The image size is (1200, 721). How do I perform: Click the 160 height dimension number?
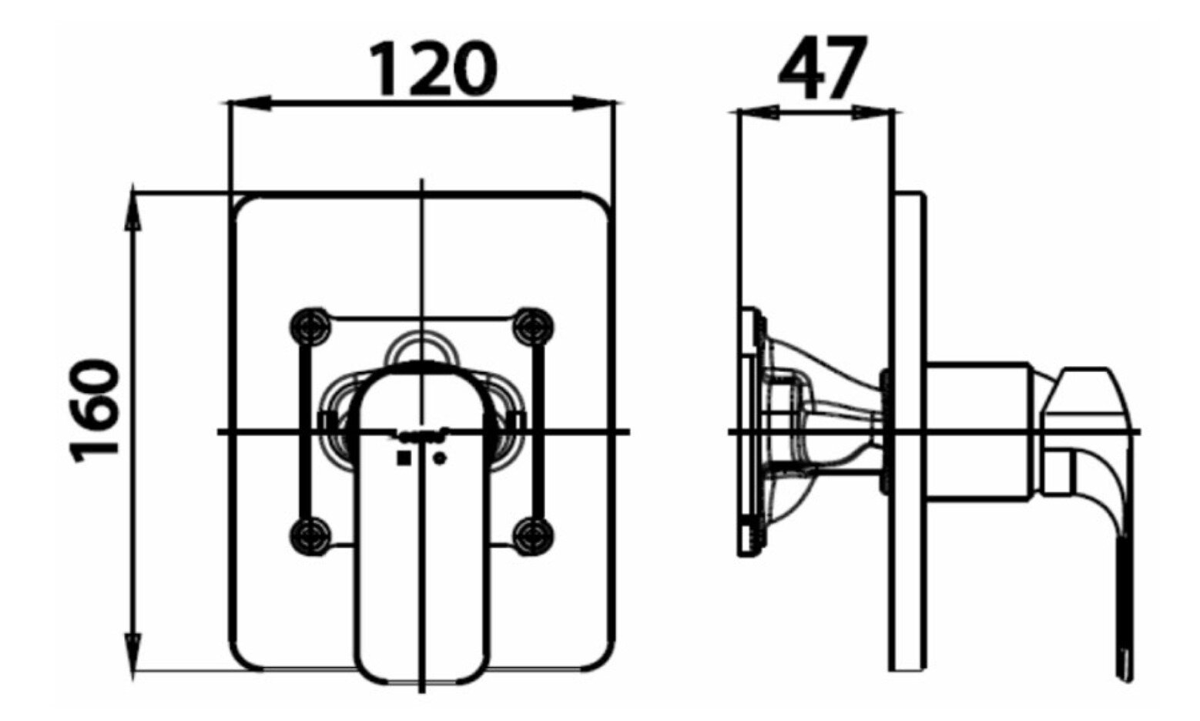coord(96,411)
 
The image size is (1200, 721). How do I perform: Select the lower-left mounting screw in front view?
coord(311,534)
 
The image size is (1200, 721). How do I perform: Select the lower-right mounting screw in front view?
coord(533,534)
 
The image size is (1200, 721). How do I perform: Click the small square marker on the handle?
coord(403,459)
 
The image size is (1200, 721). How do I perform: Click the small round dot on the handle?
coord(440,459)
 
